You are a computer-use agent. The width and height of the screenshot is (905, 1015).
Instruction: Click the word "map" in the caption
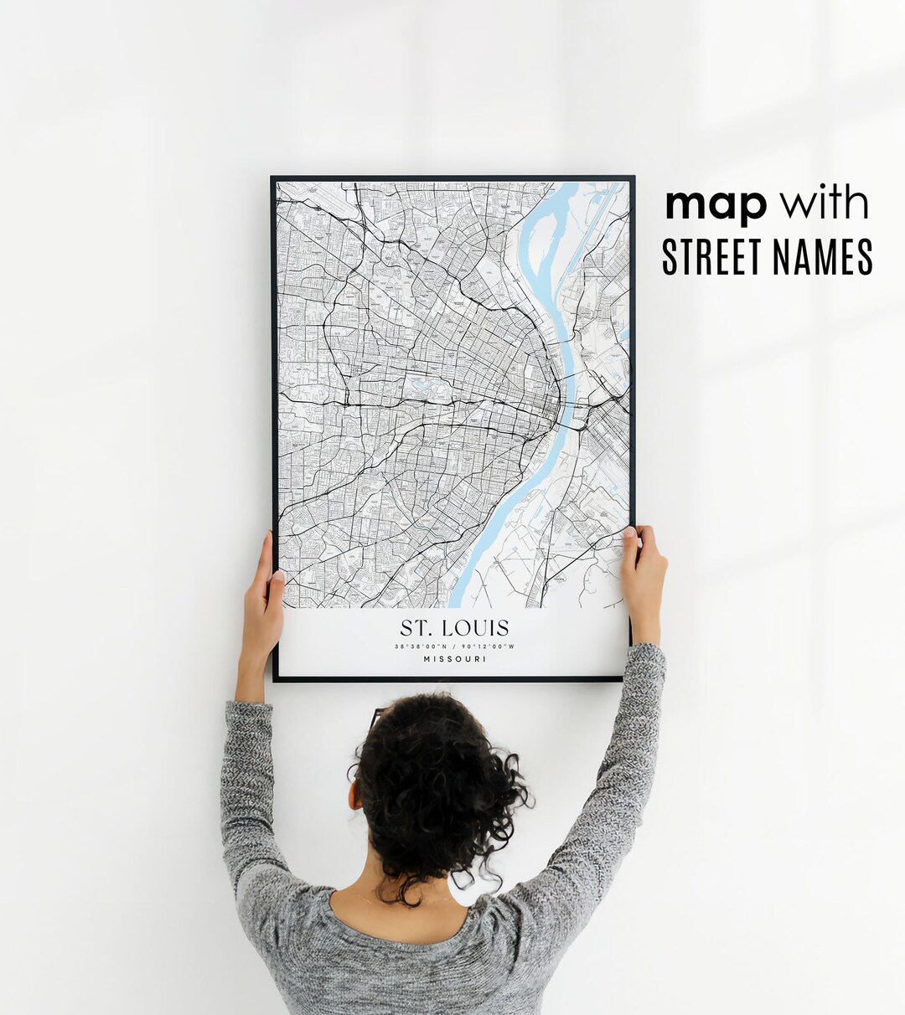[x=716, y=205]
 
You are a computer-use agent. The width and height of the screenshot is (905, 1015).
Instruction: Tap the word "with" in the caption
[x=824, y=204]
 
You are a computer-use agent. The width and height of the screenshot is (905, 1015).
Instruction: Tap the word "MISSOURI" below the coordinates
[x=454, y=659]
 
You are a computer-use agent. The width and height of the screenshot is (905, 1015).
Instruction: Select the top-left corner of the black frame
[x=272, y=178]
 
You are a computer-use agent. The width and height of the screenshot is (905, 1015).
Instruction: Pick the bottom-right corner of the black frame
[x=633, y=679]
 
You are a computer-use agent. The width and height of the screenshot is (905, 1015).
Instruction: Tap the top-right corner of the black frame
[x=633, y=178]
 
